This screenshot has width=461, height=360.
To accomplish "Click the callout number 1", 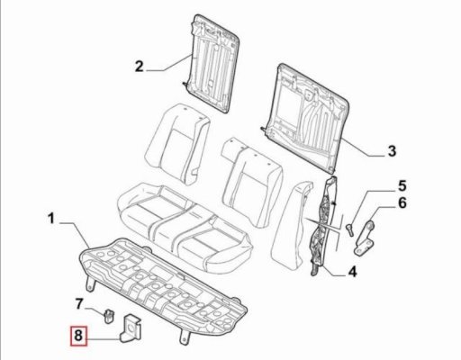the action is click(x=51, y=218).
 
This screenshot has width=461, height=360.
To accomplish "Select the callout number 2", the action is click(x=140, y=67).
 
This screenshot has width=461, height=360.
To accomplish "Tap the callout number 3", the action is click(x=392, y=150).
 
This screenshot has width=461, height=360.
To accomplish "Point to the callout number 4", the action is click(x=352, y=272).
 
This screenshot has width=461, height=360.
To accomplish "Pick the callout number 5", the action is click(x=402, y=185).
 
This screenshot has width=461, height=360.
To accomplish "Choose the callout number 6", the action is click(x=402, y=202).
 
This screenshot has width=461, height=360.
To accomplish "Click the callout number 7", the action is click(x=78, y=304).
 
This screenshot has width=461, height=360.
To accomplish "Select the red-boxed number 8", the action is click(x=78, y=335).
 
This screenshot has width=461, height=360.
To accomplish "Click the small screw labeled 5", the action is click(x=349, y=229).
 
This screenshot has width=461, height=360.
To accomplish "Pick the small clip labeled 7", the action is click(x=109, y=316).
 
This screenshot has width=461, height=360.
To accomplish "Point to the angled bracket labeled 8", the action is click(x=131, y=328).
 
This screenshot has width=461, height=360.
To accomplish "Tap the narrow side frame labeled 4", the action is click(x=324, y=225).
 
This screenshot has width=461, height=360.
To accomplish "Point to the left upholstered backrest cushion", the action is click(x=177, y=144).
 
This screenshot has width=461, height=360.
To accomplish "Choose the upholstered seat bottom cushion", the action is click(x=185, y=227).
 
